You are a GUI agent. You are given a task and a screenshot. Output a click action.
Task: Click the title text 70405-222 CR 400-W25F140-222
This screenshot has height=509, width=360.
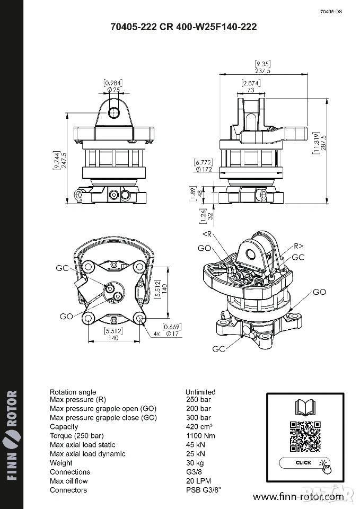pyautogui.click(x=184, y=27)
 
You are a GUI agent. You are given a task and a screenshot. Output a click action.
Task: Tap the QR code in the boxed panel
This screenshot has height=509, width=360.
pyautogui.click(x=305, y=436)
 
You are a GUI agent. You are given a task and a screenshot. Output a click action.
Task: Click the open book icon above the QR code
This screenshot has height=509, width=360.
pyautogui.click(x=305, y=408)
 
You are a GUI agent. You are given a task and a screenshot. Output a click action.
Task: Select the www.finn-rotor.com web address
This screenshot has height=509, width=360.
pyautogui.click(x=298, y=497)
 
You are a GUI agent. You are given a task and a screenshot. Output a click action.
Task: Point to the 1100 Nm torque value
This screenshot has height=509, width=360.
pyautogui.click(x=200, y=436)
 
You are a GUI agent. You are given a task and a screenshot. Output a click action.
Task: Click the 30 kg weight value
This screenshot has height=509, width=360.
pyautogui.click(x=195, y=463)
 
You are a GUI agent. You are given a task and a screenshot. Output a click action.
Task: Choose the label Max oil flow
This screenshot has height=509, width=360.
pyautogui.click(x=69, y=481)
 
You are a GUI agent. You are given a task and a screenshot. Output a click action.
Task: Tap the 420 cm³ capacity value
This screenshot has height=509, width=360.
pyautogui.click(x=199, y=427)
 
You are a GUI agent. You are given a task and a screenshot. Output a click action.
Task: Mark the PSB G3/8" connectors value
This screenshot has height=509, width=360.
pyautogui.click(x=204, y=490)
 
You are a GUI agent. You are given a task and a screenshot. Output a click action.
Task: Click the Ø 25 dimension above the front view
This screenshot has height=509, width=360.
pyautogui.click(x=113, y=90)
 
